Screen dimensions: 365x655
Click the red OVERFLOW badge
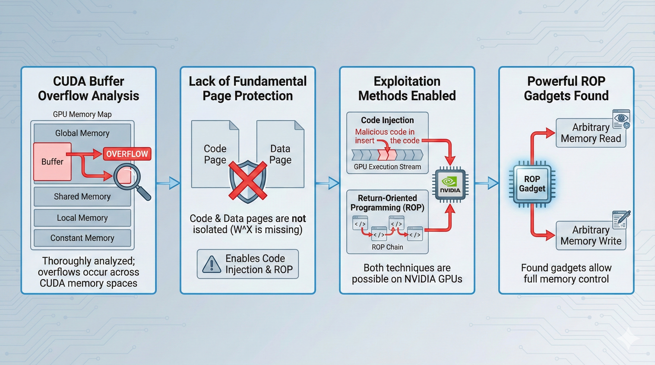click(x=127, y=154)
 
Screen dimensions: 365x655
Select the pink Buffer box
click(x=52, y=162)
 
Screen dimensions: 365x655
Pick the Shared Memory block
click(x=82, y=197)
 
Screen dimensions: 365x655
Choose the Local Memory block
click(x=82, y=218)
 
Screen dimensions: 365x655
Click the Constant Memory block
click(x=82, y=238)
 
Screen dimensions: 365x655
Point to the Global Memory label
click(x=82, y=133)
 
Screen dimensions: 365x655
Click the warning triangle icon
click(x=212, y=264)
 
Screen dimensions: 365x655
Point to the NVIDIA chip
click(x=450, y=185)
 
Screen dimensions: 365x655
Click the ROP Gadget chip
click(x=532, y=184)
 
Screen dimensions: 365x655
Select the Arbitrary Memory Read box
click(x=591, y=133)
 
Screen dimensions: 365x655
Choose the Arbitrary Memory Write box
click(x=591, y=235)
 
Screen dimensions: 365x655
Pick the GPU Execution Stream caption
click(x=387, y=167)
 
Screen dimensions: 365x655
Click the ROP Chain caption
click(x=387, y=247)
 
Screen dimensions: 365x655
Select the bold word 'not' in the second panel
click(x=298, y=219)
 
